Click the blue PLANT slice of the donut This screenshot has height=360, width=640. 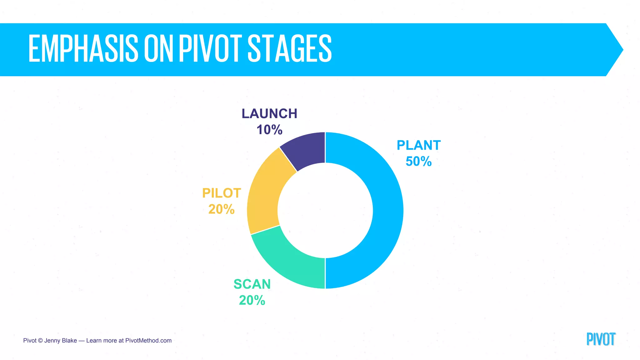[x=387, y=210]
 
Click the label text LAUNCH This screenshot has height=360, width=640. [x=269, y=114]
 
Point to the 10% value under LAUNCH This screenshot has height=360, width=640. [x=269, y=130]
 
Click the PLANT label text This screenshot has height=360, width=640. [x=418, y=145]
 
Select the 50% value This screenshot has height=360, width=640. [x=418, y=162]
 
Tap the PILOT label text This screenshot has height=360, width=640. [x=222, y=193]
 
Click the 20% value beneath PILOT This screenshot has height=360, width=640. [x=222, y=209]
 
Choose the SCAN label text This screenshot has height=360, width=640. [x=252, y=284]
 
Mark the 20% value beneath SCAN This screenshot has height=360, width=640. [x=252, y=301]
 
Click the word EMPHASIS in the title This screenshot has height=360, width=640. [x=83, y=49]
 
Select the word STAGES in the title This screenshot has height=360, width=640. [x=289, y=49]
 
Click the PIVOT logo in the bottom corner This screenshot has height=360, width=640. [x=601, y=339]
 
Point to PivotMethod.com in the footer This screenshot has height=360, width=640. [x=148, y=341]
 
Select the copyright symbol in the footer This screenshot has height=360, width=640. [x=40, y=341]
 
